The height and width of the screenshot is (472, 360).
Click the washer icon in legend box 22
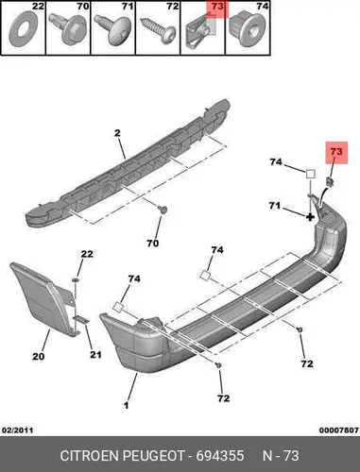pyautogui.click(x=23, y=29)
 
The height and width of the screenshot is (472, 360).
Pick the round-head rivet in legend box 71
pyautogui.click(x=114, y=29)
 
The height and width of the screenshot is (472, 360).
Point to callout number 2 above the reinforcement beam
pyautogui.click(x=117, y=133)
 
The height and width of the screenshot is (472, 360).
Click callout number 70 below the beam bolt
pyautogui.click(x=152, y=244)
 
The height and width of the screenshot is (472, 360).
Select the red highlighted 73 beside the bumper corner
pyautogui.click(x=336, y=152)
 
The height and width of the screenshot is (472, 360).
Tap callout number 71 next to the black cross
pyautogui.click(x=274, y=206)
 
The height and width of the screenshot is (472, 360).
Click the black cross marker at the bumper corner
pyautogui.click(x=310, y=217)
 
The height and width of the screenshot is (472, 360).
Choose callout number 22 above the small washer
pyautogui.click(x=87, y=254)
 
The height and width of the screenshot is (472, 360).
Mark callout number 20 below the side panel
pyautogui.click(x=39, y=357)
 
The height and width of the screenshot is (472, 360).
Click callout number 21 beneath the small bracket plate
pyautogui.click(x=95, y=355)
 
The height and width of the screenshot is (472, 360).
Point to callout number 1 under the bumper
pyautogui.click(x=126, y=405)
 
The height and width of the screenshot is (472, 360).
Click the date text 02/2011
pyautogui.click(x=18, y=430)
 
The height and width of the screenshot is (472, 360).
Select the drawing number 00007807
pyautogui.click(x=339, y=430)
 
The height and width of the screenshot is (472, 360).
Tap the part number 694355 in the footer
pyautogui.click(x=220, y=456)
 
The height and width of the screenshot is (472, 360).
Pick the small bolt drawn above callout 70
pyautogui.click(x=163, y=210)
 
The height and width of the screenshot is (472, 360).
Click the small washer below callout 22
pyautogui.click(x=76, y=279)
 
